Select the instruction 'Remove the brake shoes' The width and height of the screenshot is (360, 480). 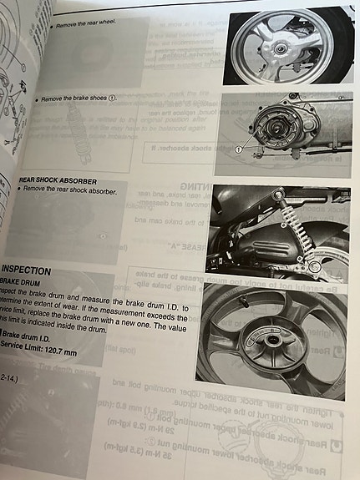click(76, 99)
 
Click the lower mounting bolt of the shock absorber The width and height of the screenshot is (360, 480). click(313, 265)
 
